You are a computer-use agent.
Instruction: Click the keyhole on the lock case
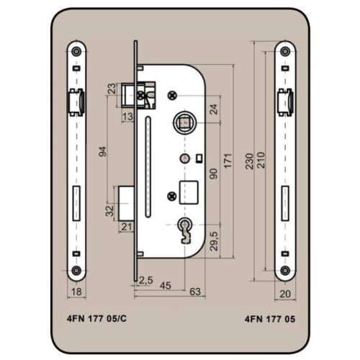(184, 231)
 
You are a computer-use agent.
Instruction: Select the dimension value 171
(228, 161)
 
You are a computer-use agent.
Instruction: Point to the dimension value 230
(250, 161)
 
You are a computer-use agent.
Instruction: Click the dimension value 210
(261, 160)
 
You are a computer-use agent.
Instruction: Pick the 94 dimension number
(103, 151)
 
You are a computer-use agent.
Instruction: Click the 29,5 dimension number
(214, 241)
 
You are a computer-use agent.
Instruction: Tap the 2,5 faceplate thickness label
(145, 280)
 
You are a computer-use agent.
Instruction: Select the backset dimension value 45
(166, 286)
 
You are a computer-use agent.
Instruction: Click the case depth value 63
(195, 292)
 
